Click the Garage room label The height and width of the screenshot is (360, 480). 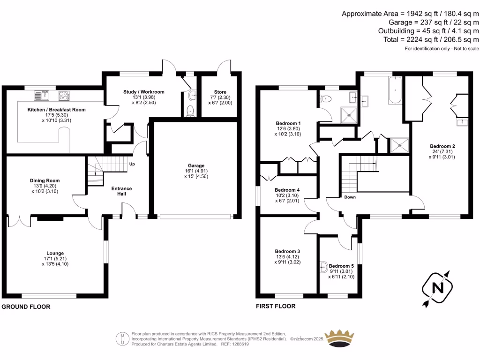pyautogui.click(x=196, y=165)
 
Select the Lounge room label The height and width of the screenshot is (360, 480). pyautogui.click(x=55, y=253)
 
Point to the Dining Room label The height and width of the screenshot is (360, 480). pyautogui.click(x=45, y=180)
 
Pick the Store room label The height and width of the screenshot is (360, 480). pyautogui.click(x=220, y=92)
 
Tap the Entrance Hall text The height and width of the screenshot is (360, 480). pyautogui.click(x=121, y=191)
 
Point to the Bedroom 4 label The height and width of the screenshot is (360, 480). pyautogui.click(x=287, y=190)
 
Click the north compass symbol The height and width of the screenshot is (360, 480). pyautogui.click(x=437, y=288)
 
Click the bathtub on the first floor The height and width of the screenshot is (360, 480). pyautogui.click(x=395, y=90)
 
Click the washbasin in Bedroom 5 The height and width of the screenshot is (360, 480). pyautogui.click(x=322, y=267)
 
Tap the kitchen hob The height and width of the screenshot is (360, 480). pyautogui.click(x=63, y=96)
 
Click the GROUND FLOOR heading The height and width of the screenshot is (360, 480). pyautogui.click(x=26, y=307)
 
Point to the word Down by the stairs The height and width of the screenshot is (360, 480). pyautogui.click(x=350, y=197)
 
